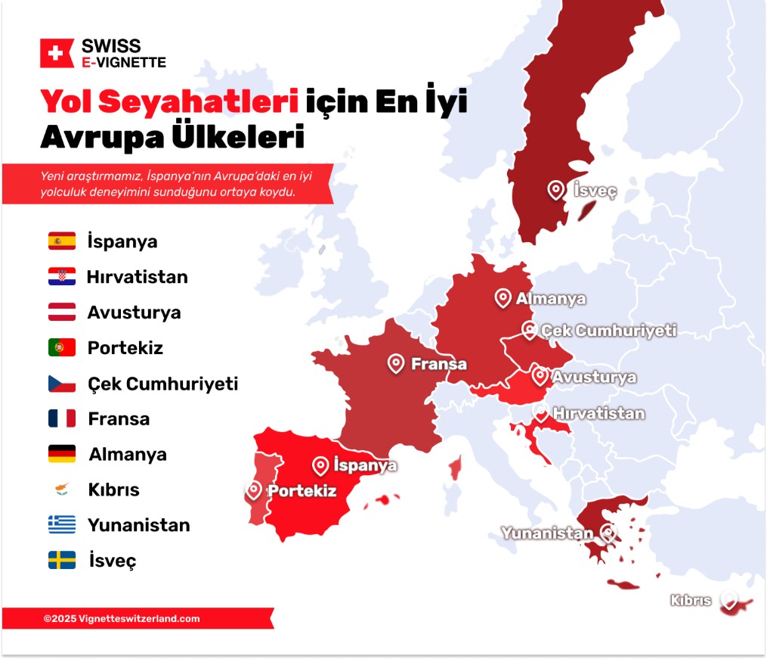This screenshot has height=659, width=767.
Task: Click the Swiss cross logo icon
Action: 56,53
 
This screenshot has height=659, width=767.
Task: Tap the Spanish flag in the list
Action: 62,241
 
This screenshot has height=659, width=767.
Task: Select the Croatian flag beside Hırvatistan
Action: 62,277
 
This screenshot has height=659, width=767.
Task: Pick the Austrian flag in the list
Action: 62,312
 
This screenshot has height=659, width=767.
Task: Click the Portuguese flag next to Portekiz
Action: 62,348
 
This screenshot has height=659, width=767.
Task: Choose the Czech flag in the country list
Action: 62,384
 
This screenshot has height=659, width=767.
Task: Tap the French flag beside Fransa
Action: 62,418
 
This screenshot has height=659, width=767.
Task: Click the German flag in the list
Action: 62,454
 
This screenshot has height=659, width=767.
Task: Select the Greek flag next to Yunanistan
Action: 62,524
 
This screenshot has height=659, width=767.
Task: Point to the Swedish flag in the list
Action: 62,560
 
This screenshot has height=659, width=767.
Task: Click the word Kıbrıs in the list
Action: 113,490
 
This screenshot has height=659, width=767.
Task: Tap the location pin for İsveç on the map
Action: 556,189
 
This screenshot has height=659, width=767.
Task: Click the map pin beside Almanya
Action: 503,297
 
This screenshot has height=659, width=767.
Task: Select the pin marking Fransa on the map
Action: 396,363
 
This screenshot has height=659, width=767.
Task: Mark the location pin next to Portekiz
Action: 255,490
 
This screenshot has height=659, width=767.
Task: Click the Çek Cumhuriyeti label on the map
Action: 608,331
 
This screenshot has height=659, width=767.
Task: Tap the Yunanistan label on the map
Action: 547,533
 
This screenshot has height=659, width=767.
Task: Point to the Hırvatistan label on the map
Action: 598,413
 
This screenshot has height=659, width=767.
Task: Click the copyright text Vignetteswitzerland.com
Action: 122,618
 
